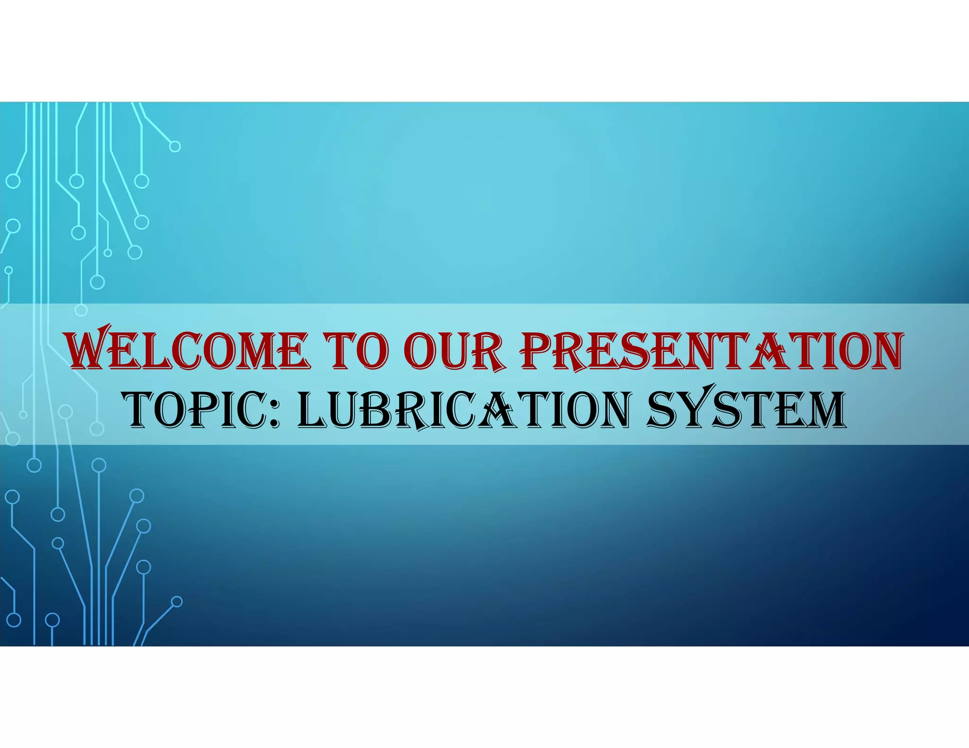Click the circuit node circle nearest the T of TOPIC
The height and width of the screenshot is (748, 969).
click(x=97, y=428)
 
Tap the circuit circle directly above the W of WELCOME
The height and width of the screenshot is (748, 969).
click(x=81, y=310)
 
